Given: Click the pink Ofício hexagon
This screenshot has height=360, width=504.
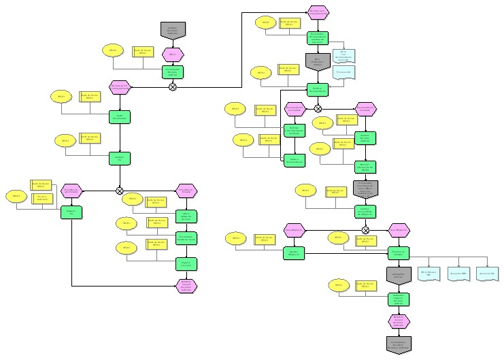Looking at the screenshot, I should point(173,54).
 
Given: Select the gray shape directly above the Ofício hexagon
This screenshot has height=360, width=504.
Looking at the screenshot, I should point(173,31).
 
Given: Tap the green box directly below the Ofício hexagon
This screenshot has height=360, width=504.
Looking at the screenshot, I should point(173,71).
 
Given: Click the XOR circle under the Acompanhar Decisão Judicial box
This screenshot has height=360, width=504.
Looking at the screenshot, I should point(173,86).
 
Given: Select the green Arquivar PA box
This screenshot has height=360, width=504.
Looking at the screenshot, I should point(71,213).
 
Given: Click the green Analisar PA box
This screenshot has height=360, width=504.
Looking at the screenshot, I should point(120,159).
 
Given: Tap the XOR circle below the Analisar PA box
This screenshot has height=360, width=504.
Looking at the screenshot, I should point(120,191).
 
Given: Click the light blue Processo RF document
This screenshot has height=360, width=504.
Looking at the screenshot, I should point(345,71).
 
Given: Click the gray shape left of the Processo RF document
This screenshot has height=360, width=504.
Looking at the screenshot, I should point(318,63).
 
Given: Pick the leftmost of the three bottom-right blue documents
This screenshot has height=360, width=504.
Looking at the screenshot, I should point(429,273).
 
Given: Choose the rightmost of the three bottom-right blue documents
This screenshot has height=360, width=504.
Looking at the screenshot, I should point(487,273).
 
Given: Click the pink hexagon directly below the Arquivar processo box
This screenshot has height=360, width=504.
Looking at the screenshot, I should point(186,286).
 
